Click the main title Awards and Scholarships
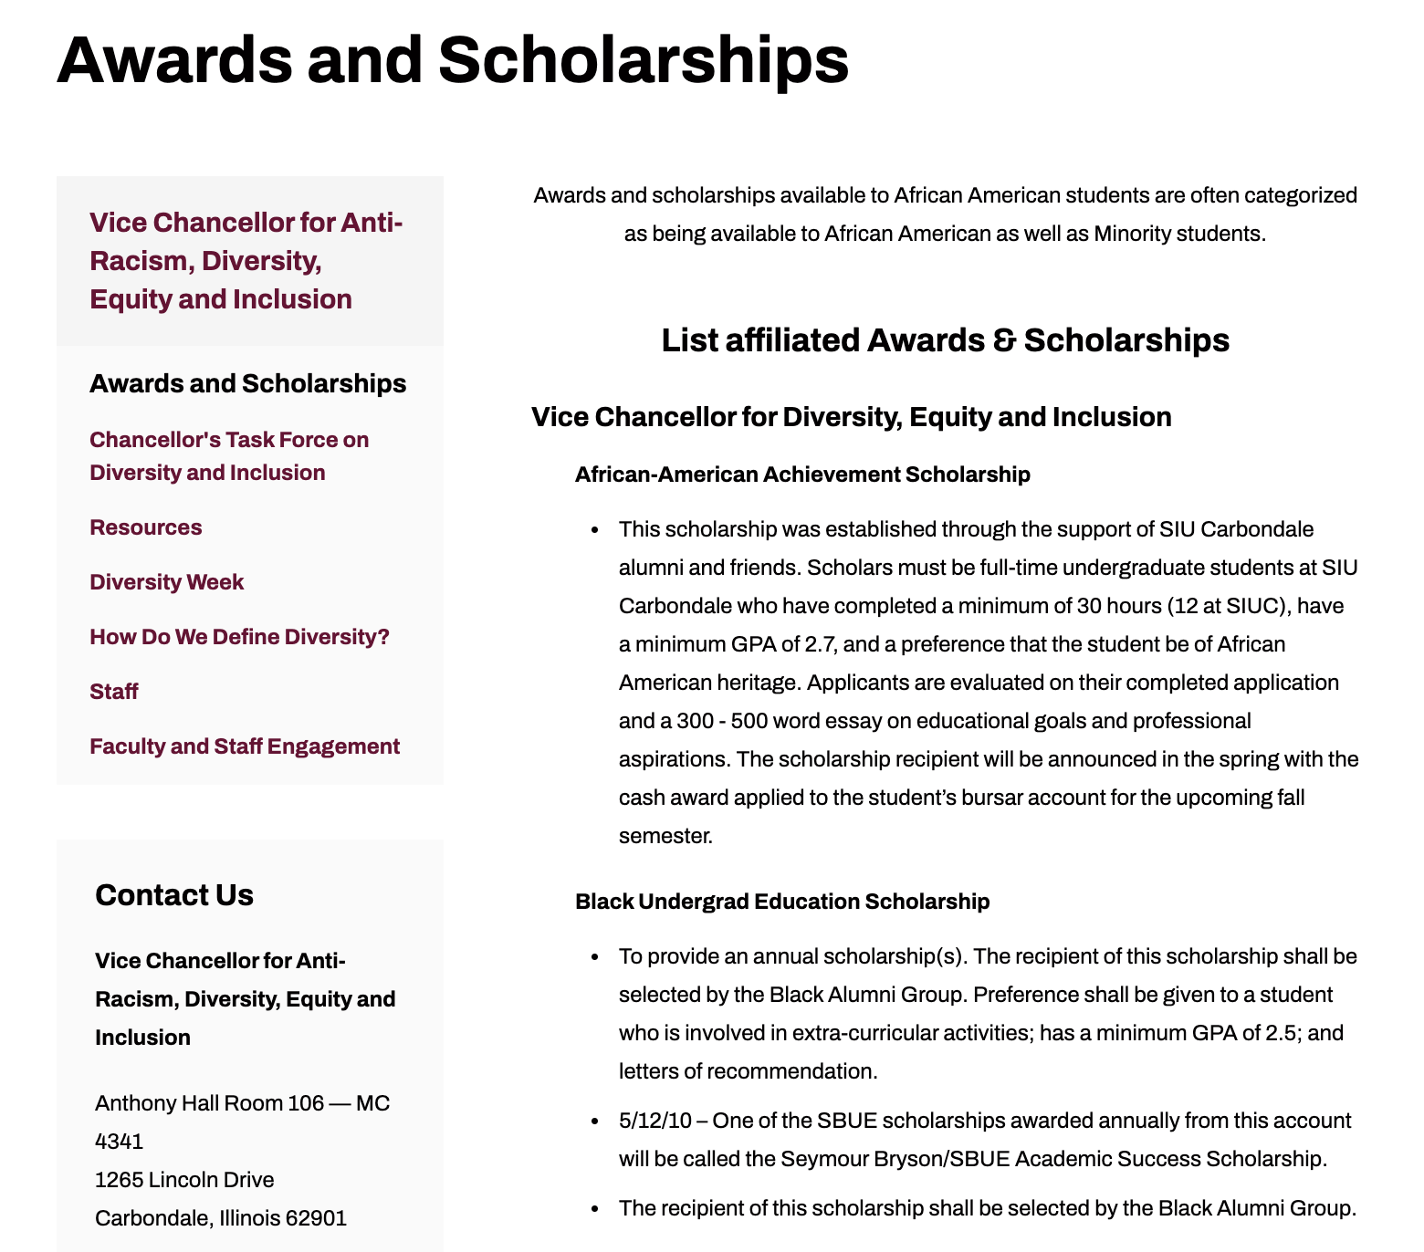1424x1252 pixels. pos(453,60)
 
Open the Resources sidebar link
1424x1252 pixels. pos(146,527)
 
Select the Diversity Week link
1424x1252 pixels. pos(167,582)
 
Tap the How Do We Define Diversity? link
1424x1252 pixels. pos(239,637)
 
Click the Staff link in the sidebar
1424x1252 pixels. pos(114,692)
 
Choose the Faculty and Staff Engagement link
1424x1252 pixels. pos(245,746)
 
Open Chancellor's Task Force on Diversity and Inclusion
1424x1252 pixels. pos(229,456)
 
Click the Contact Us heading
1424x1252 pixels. pos(174,895)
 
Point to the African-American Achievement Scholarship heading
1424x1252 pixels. pos(802,475)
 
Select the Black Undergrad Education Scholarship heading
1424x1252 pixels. pos(782,902)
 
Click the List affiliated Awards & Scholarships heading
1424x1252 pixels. pos(945,340)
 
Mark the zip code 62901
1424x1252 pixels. pos(316,1218)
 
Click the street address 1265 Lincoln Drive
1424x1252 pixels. pos(184,1180)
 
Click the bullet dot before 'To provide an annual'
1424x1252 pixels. pos(595,957)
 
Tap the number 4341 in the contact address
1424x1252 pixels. pos(120,1142)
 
